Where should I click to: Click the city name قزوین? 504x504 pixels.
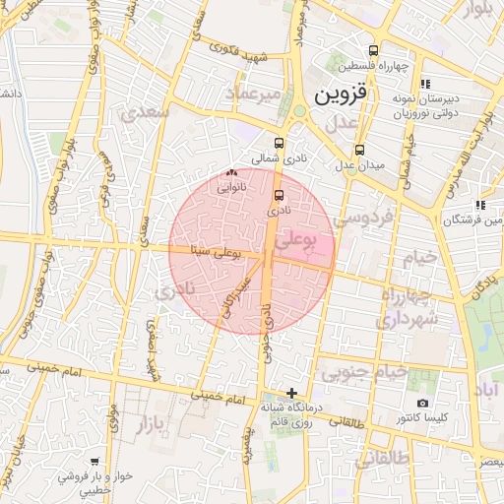tap(342, 95)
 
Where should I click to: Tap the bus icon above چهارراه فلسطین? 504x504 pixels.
tap(372, 50)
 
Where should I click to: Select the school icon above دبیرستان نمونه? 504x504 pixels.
tap(424, 85)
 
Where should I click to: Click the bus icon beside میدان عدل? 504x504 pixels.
tap(359, 151)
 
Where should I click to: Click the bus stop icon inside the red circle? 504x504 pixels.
tap(279, 195)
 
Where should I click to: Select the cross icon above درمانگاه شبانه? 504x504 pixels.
tap(290, 393)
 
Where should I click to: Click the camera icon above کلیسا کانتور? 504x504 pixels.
tap(422, 403)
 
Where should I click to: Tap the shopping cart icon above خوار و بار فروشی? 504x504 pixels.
tap(94, 461)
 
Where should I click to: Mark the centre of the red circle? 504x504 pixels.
tap(251, 251)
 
